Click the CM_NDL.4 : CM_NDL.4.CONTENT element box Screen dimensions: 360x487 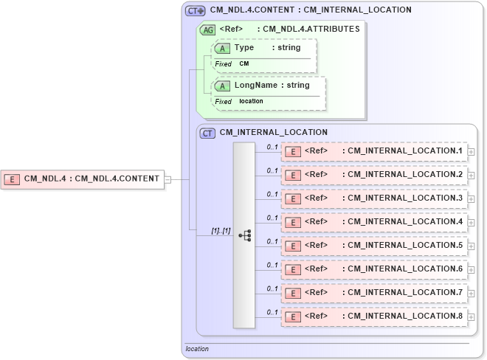tap(82, 179)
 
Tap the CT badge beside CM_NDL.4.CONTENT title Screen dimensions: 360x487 tap(195, 10)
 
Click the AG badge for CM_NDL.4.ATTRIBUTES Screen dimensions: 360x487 tap(207, 30)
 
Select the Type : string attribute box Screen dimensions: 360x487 tap(265, 48)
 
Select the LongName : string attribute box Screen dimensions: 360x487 tap(269, 86)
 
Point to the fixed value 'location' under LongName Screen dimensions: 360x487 tap(251, 101)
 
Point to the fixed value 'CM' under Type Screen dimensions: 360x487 tap(243, 64)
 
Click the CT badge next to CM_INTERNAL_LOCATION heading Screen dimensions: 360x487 tap(208, 133)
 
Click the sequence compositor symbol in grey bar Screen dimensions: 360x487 tap(244, 235)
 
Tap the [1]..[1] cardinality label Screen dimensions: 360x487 tap(221, 230)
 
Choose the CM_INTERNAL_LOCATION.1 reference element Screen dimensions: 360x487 tap(373, 151)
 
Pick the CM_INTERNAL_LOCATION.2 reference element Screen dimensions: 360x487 tap(373, 175)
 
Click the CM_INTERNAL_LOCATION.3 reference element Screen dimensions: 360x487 tap(373, 198)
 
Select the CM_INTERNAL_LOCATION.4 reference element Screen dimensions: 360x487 tap(373, 222)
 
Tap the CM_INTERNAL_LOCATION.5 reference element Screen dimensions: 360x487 tap(373, 246)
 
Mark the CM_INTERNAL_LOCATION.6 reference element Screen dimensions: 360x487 tap(373, 269)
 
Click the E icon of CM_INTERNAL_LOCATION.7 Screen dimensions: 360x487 tap(293, 294)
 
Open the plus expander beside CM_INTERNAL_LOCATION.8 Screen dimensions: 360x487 tap(472, 318)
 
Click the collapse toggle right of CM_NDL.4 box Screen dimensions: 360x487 tap(167, 179)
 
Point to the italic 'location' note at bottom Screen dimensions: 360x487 tap(197, 349)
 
